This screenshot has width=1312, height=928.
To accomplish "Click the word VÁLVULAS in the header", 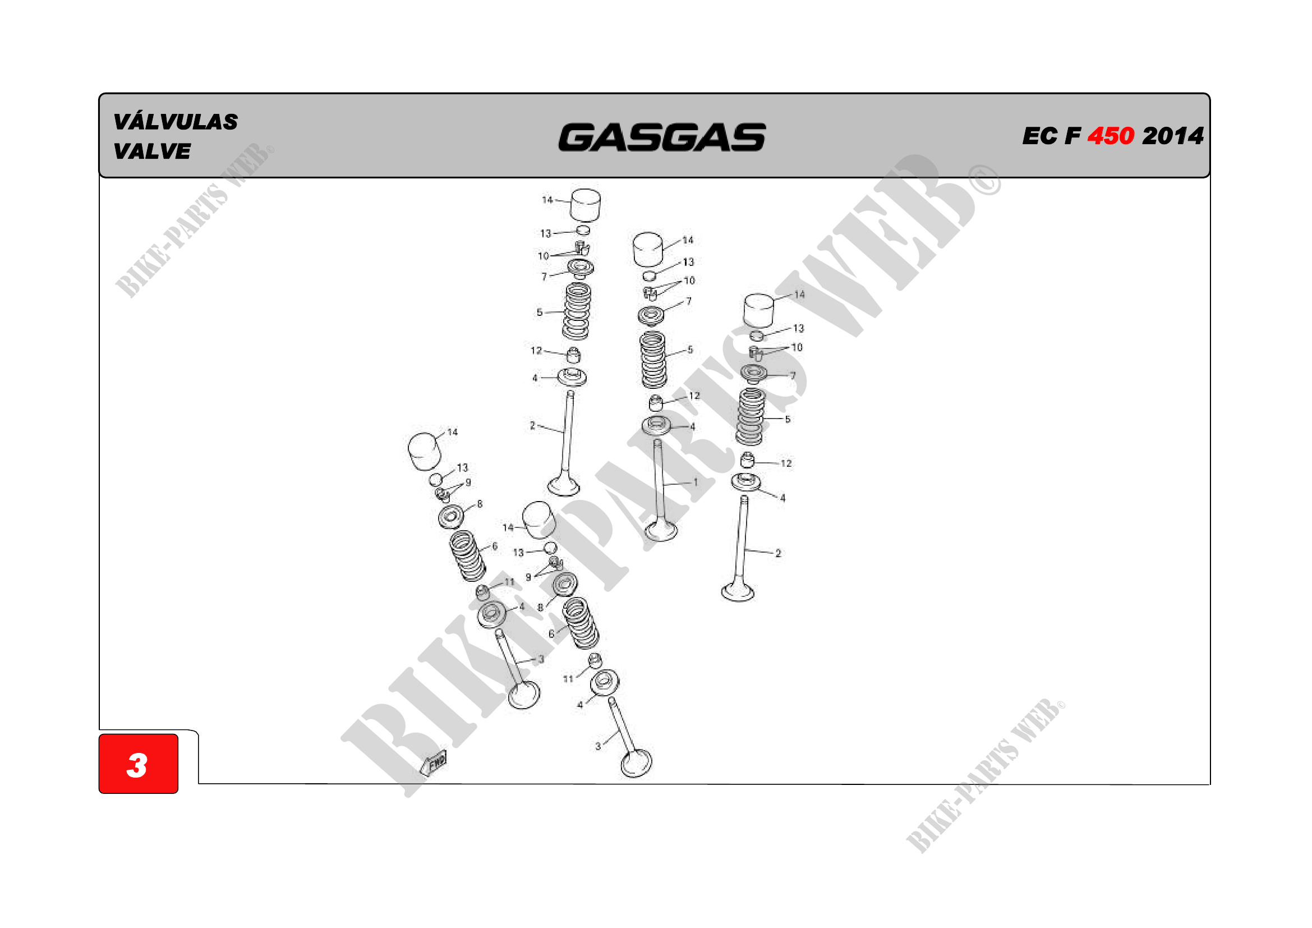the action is (176, 122).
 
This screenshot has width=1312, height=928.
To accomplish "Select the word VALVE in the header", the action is (152, 151).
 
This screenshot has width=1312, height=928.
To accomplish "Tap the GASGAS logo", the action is (662, 137).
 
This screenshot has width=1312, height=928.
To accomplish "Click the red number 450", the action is (1110, 136).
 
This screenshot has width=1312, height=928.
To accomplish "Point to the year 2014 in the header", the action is (1172, 136).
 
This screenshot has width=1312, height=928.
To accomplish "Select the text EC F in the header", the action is (1051, 136).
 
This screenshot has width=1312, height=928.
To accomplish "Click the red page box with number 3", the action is (139, 764).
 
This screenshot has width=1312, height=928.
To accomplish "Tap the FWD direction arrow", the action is (433, 763).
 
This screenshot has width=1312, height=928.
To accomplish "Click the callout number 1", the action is (696, 482).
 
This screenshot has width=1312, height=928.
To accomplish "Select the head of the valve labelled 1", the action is (661, 530).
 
